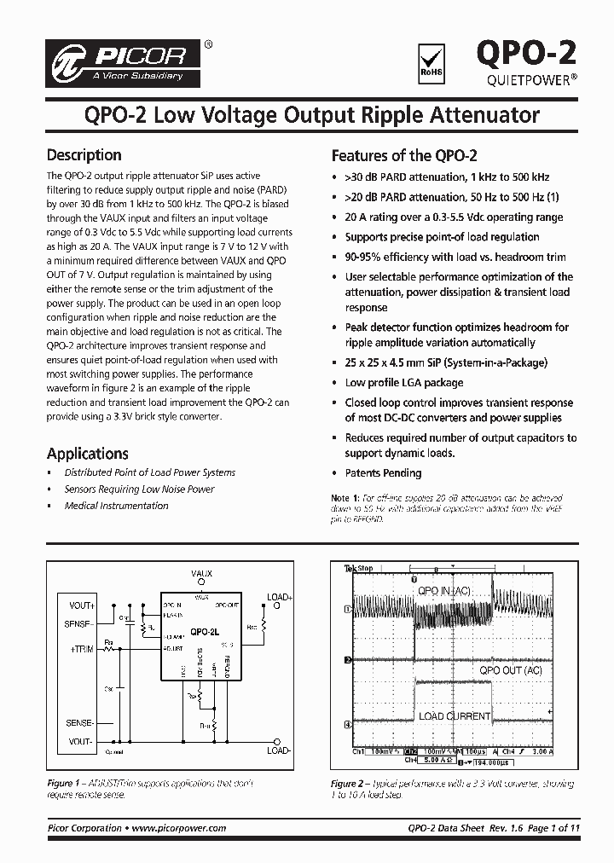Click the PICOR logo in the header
[125, 62]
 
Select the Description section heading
[84, 155]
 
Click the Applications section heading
[87, 454]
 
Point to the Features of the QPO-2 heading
[403, 156]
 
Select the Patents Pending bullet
[383, 473]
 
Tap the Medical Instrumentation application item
[116, 506]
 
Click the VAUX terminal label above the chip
[201, 574]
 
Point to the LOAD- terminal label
[279, 750]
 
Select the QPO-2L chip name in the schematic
[205, 632]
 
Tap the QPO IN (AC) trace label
[443, 591]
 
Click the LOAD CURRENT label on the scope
[454, 716]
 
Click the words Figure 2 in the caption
[345, 784]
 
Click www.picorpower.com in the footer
[179, 828]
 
